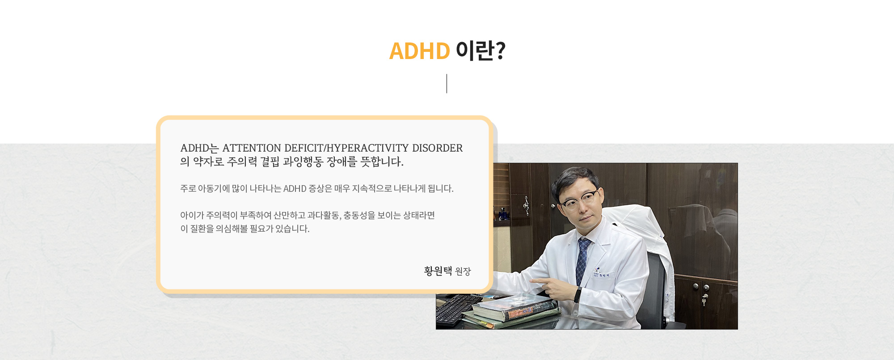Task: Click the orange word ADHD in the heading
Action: point(419,51)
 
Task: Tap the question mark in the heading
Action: point(501,51)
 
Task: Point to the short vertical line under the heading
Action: point(447,84)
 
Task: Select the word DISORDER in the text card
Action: point(437,148)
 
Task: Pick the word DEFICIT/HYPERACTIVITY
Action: point(346,148)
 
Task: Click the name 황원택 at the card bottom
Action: point(438,271)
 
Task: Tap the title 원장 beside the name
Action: point(463,271)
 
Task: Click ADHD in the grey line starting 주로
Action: point(295,189)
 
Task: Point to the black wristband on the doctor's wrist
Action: point(578,295)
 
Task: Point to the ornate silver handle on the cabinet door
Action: point(526,206)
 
